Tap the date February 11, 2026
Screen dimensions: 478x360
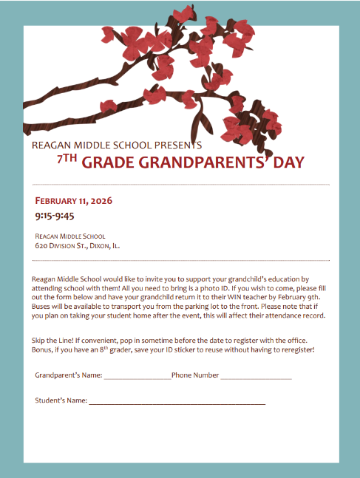pyautogui.click(x=73, y=201)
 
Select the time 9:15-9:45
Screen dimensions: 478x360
pyautogui.click(x=55, y=216)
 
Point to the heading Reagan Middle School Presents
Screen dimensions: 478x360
pyautogui.click(x=117, y=146)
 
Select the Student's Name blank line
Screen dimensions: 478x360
pyautogui.click(x=177, y=402)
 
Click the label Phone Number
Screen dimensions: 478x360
pyautogui.click(x=195, y=375)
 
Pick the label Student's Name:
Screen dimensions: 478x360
pyautogui.click(x=61, y=400)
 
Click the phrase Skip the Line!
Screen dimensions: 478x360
pyautogui.click(x=55, y=338)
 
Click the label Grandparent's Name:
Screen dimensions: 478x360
pyautogui.click(x=69, y=375)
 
